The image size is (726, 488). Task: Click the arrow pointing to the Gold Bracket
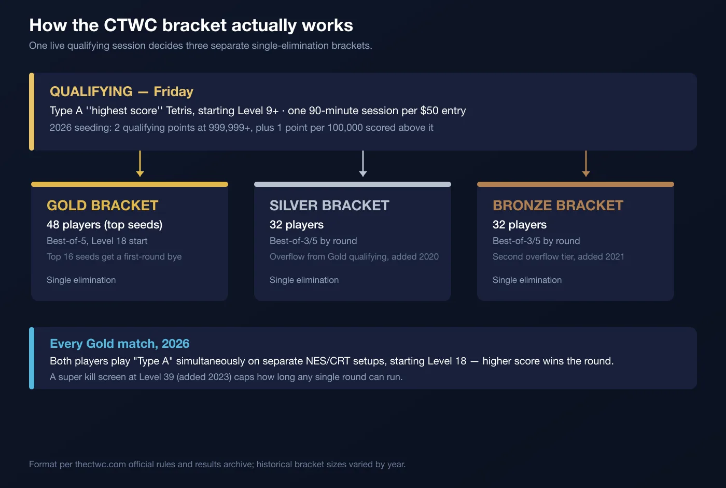click(139, 164)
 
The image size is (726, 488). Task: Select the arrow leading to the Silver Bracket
click(362, 164)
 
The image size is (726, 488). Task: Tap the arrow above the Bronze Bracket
click(585, 164)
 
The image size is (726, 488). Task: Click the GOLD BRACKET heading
click(103, 206)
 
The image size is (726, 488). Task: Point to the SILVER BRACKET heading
click(329, 206)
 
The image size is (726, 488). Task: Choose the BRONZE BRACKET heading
click(558, 206)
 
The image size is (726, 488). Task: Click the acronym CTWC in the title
click(130, 25)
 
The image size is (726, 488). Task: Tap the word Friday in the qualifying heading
click(173, 91)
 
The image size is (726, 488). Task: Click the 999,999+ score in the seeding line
click(229, 128)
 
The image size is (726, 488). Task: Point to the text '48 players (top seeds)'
click(104, 224)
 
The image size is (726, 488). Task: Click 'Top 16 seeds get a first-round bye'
click(114, 256)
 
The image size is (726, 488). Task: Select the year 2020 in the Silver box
click(427, 256)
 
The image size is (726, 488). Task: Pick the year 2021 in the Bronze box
click(612, 256)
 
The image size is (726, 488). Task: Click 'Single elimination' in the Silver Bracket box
click(304, 280)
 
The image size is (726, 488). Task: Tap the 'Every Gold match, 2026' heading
click(120, 344)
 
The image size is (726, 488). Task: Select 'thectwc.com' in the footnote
click(101, 464)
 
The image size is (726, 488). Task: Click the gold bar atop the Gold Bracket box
click(130, 184)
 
